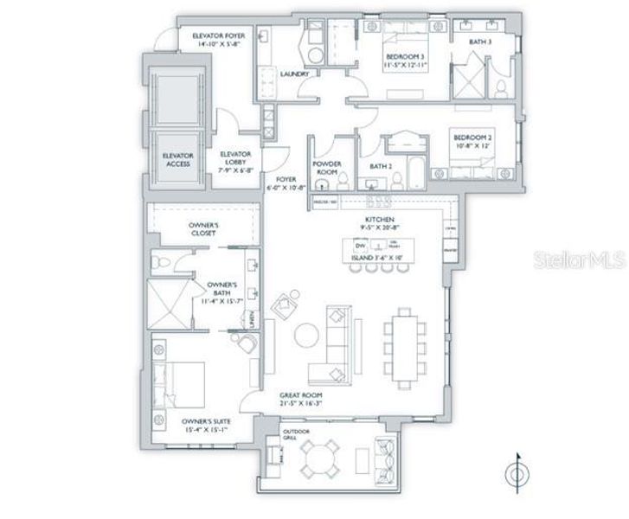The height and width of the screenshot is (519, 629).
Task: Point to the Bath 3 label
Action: click(x=481, y=41)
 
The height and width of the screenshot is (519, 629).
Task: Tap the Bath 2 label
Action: click(x=382, y=165)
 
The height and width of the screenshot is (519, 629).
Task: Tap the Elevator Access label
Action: click(x=178, y=160)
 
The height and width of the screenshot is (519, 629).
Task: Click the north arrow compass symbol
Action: click(x=517, y=475)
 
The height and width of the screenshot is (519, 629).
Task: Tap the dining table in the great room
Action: click(x=404, y=346)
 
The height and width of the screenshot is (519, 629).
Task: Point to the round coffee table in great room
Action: click(x=305, y=333)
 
